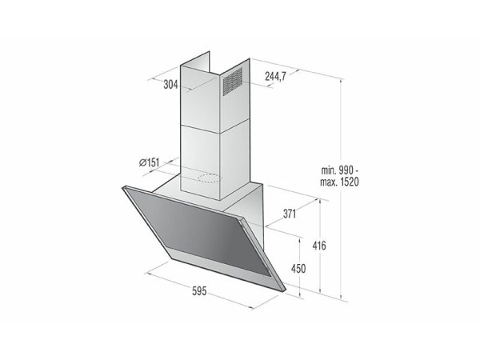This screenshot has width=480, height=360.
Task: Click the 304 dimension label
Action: [x=170, y=84]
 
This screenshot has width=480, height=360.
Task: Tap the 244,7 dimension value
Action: [x=275, y=76]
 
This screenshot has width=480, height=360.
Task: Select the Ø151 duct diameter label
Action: [x=150, y=162]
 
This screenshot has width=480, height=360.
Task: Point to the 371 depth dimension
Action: [x=290, y=214]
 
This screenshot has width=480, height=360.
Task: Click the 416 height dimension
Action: [x=319, y=246]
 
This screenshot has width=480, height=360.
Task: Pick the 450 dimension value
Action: [x=298, y=269]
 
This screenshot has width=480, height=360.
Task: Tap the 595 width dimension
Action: [x=199, y=291]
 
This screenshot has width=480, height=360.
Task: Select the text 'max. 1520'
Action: [x=339, y=182]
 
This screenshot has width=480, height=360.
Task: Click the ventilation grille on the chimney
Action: [x=232, y=82]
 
